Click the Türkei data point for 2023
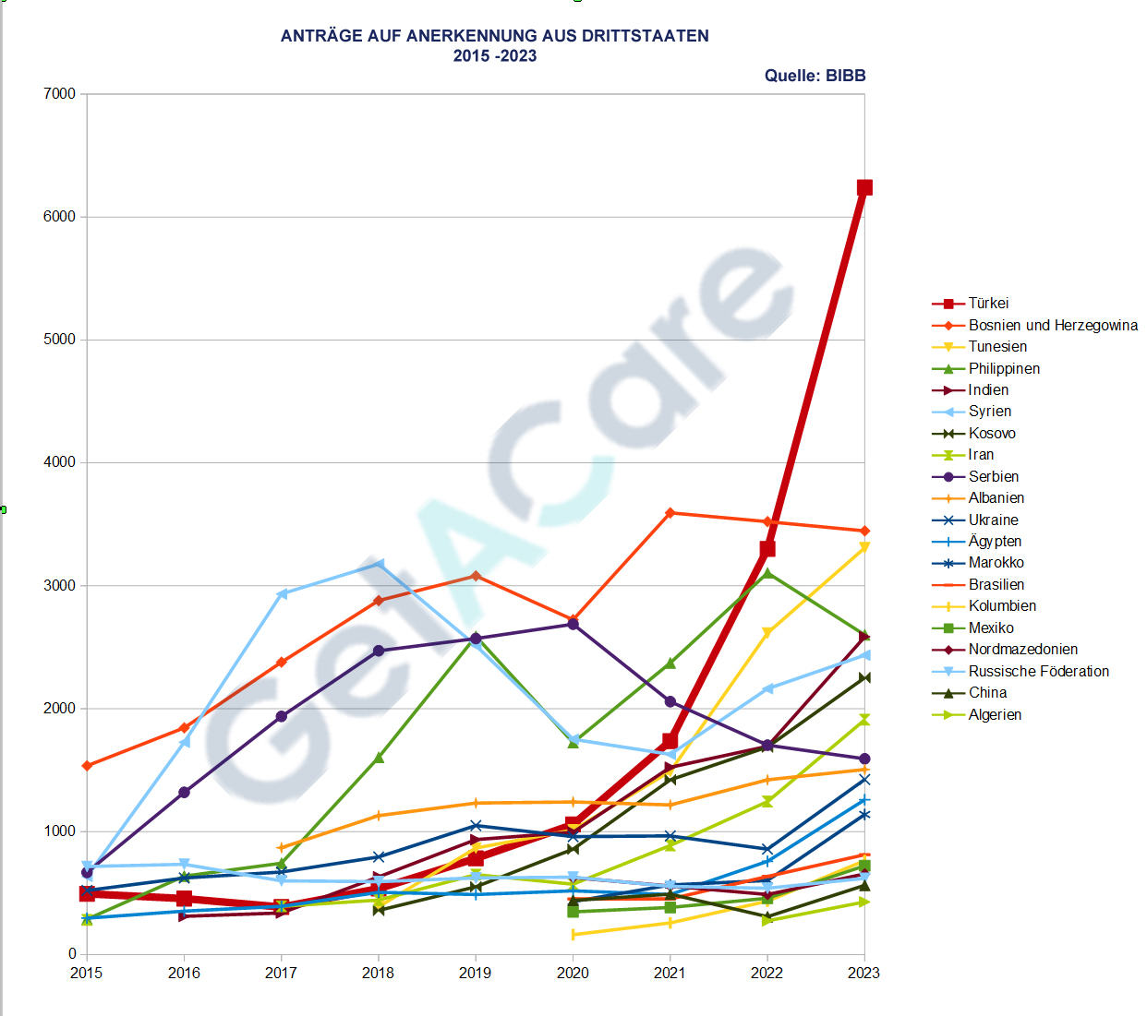[x=864, y=187]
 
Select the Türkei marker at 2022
[x=767, y=549]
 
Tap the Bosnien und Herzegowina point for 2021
[x=670, y=513]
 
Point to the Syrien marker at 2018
[x=379, y=564]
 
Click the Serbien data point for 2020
[x=573, y=625]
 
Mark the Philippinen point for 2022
[x=767, y=574]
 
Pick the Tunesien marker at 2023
[x=864, y=547]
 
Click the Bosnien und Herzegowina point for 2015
[x=87, y=766]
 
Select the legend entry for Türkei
[x=988, y=304]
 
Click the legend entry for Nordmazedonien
[x=1022, y=650]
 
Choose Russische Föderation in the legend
[x=1038, y=672]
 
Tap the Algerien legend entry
[x=995, y=715]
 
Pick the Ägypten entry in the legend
[x=995, y=542]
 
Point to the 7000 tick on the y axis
[x=59, y=94]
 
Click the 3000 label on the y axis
[x=59, y=586]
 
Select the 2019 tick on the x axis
[x=476, y=973]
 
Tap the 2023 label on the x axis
[x=864, y=973]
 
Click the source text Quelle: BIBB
[x=815, y=76]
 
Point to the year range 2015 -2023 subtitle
[x=495, y=56]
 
